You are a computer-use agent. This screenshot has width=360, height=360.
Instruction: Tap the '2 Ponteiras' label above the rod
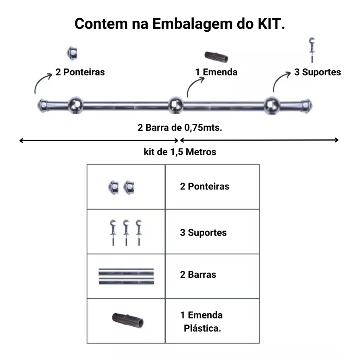80,72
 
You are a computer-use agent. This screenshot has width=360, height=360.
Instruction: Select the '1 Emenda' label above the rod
217,72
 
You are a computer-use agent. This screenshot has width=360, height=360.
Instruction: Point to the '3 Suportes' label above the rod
317,72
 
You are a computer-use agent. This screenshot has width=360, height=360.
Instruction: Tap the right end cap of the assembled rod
307,104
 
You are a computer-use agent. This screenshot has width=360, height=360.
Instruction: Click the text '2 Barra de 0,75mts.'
180,127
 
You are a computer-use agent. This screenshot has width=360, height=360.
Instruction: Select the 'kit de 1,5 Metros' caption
180,152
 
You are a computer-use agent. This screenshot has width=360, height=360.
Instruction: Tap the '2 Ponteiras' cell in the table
205,186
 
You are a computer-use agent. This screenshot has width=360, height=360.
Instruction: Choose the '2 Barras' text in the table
198,275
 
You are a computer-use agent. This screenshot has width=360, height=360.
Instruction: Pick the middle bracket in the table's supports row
126,232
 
